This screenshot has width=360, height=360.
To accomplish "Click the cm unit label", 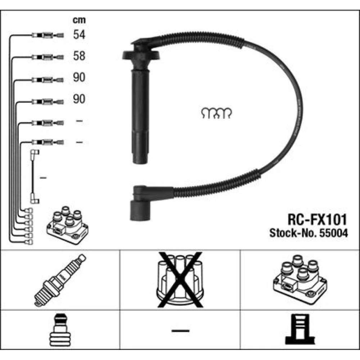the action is click(79, 20).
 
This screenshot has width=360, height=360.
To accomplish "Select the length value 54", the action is click(79, 35).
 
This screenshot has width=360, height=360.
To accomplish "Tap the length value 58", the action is click(79, 56).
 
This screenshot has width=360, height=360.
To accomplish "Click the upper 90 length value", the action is click(79, 77).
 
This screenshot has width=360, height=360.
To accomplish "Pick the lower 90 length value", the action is click(79, 99).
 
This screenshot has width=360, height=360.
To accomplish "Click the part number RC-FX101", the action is click(317, 220).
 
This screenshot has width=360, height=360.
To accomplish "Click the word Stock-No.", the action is click(293, 233).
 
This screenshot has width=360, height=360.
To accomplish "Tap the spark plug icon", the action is click(60, 280).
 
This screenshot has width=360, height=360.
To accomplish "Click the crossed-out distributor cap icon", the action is click(180, 280).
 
